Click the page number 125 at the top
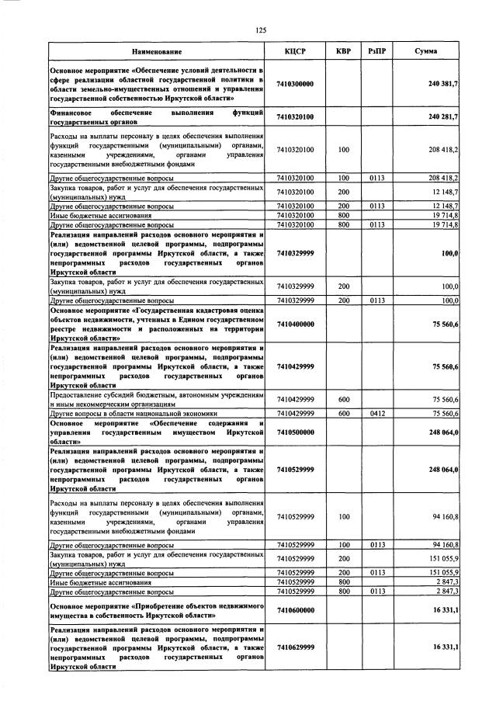(x=261, y=30)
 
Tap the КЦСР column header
(x=296, y=51)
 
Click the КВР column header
(x=343, y=51)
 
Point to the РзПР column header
(x=377, y=51)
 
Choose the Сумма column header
(x=425, y=51)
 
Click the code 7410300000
(x=295, y=84)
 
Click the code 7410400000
(x=295, y=324)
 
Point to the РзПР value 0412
(x=377, y=414)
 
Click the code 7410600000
(x=295, y=609)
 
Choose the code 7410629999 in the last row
(x=295, y=646)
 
